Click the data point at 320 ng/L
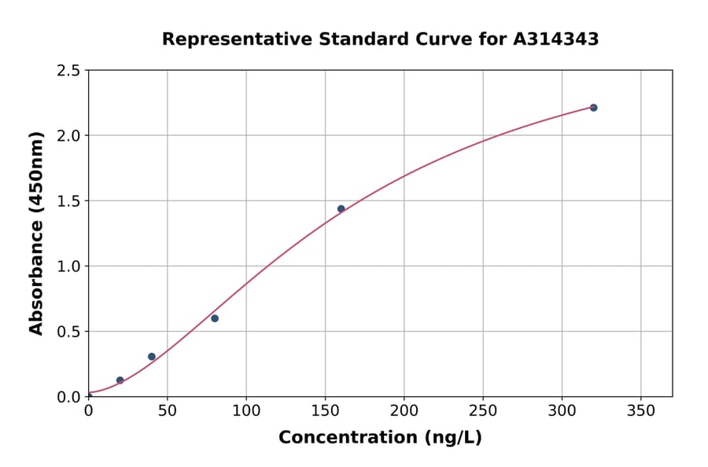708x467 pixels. click(x=593, y=108)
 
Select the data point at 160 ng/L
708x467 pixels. click(x=341, y=209)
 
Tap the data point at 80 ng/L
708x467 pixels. click(x=215, y=318)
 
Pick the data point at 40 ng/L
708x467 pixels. click(x=152, y=357)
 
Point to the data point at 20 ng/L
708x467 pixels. click(x=120, y=381)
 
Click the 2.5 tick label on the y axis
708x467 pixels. click(x=69, y=71)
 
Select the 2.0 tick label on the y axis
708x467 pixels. click(x=69, y=136)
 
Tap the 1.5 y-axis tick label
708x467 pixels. click(x=69, y=201)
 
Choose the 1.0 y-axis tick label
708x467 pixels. click(x=69, y=267)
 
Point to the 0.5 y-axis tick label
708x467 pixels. click(x=69, y=332)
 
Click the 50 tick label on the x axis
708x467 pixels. click(x=167, y=410)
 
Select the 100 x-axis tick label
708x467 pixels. click(x=246, y=410)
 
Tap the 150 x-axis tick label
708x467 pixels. click(x=325, y=410)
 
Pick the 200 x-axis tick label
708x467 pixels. click(x=404, y=410)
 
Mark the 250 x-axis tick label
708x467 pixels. click(x=483, y=410)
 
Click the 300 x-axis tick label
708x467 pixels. click(x=562, y=410)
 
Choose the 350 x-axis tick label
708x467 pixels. click(x=640, y=410)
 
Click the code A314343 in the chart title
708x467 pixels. click(x=556, y=39)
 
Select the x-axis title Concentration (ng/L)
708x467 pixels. click(x=380, y=438)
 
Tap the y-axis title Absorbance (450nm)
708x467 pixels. click(x=36, y=233)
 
